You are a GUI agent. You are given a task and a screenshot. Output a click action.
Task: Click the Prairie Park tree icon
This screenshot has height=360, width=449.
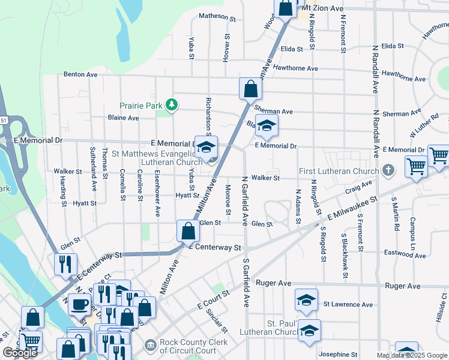coord(172,105)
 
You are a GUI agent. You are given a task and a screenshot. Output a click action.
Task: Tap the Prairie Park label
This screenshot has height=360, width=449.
coord(140,106)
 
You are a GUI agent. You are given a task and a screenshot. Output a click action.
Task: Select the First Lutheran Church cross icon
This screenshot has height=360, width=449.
coord(388,170)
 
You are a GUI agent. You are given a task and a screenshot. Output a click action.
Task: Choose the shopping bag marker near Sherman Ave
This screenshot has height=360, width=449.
coord(250,89)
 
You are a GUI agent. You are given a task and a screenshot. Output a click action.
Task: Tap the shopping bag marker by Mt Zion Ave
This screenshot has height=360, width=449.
coord(286,8)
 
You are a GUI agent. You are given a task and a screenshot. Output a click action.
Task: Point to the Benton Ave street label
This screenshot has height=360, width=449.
coord(80,75)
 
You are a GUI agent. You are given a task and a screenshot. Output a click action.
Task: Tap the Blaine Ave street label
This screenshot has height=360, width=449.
coord(123,118)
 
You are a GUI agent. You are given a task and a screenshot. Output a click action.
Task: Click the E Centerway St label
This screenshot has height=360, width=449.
coord(214,247)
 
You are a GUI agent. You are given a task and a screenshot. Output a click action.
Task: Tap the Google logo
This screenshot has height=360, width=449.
coord(20,353)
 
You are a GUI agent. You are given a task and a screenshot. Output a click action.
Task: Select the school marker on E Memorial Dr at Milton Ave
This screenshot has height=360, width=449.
coord(206,147)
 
